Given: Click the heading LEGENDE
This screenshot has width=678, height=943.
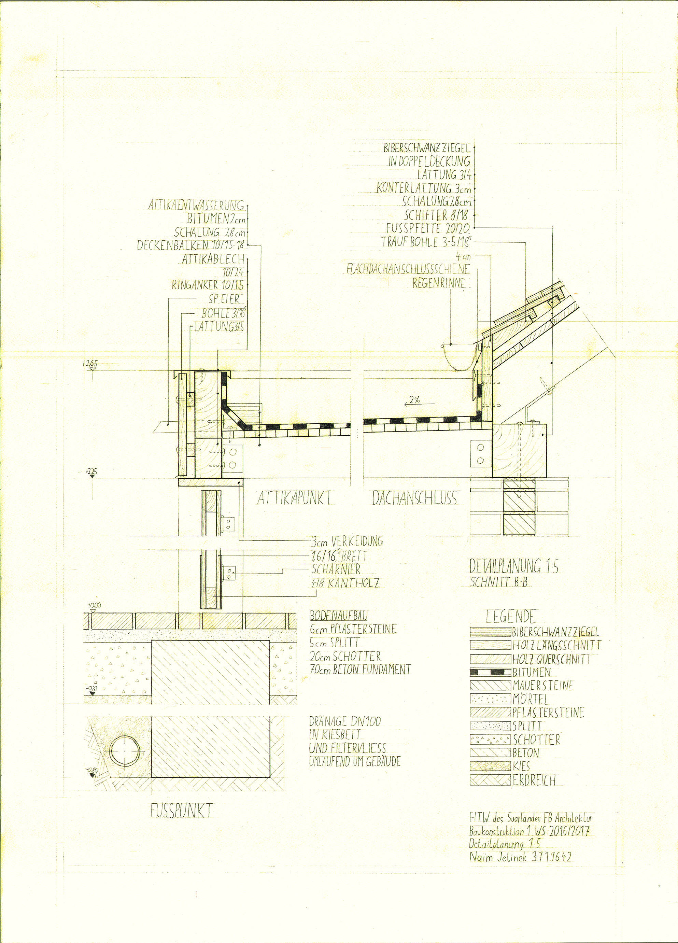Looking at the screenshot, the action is tap(511, 617).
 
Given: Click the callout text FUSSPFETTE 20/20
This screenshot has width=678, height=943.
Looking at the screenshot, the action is tap(428, 228).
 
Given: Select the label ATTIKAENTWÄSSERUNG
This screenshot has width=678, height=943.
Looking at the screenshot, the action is tap(196, 205).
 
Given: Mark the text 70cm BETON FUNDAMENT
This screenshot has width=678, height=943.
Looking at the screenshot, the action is tap(360, 670).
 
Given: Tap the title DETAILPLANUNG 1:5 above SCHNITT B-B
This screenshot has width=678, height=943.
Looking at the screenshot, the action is tap(514, 566).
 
